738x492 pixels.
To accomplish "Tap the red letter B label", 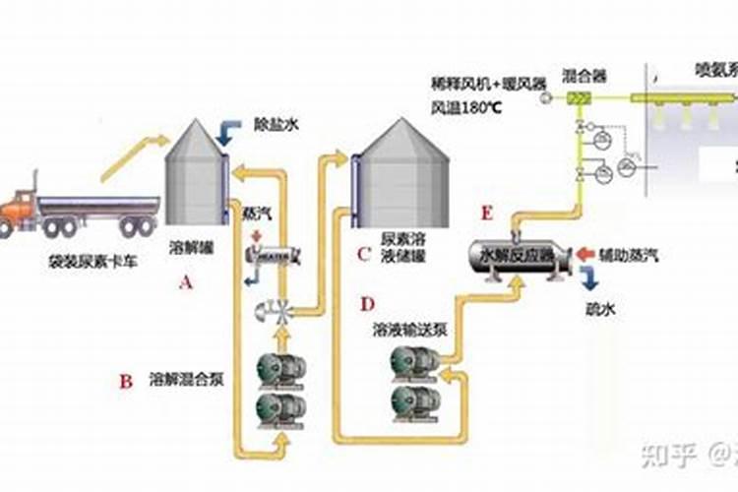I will (125, 382).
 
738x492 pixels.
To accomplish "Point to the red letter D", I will (367, 304).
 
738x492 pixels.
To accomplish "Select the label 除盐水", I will (276, 115).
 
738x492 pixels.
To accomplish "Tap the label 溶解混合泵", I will (186, 378).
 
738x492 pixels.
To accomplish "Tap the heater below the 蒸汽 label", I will (271, 253).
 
